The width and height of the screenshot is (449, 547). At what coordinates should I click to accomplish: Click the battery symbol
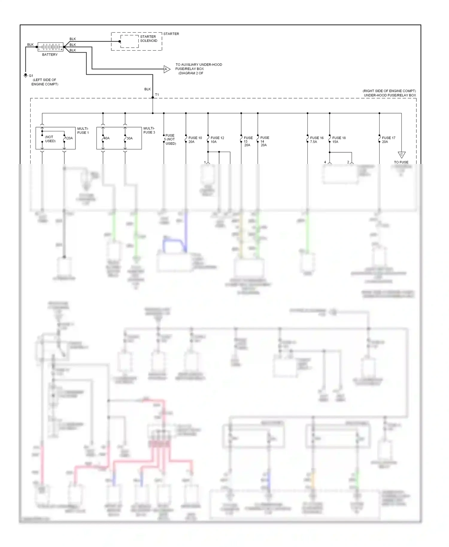[x=50, y=47]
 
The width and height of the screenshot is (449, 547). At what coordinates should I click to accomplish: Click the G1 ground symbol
[x=25, y=76]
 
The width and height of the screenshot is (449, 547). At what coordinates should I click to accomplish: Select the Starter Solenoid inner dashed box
[x=130, y=41]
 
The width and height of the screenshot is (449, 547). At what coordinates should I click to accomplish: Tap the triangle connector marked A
[x=166, y=69]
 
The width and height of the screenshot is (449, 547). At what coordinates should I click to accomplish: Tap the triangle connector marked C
[x=401, y=154]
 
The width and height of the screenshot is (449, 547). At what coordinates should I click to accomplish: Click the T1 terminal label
[x=157, y=95]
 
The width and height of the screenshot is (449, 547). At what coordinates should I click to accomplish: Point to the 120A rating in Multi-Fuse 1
[x=69, y=138]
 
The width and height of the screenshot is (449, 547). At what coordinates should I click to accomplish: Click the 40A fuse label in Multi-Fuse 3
[x=107, y=138]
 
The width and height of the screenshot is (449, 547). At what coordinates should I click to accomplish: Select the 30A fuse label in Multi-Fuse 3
[x=130, y=138]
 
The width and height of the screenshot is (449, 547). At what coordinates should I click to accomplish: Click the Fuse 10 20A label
[x=195, y=140]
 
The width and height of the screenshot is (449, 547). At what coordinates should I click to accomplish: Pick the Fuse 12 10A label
[x=217, y=140]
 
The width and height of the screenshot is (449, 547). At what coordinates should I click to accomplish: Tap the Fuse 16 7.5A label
[x=317, y=140]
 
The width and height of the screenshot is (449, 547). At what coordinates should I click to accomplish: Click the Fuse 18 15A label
[x=339, y=140]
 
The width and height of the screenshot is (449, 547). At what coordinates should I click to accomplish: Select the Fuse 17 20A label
[x=389, y=140]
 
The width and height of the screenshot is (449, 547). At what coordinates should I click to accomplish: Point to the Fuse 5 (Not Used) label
[x=170, y=139]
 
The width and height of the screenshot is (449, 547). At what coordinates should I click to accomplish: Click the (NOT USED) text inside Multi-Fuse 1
[x=50, y=139]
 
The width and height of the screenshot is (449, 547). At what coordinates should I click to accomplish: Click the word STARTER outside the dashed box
[x=171, y=34]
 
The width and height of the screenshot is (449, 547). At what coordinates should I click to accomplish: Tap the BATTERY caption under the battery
[x=50, y=55]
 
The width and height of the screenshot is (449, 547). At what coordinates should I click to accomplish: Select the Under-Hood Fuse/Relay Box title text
[x=390, y=95]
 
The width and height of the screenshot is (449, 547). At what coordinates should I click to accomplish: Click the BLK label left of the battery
[x=31, y=45]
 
